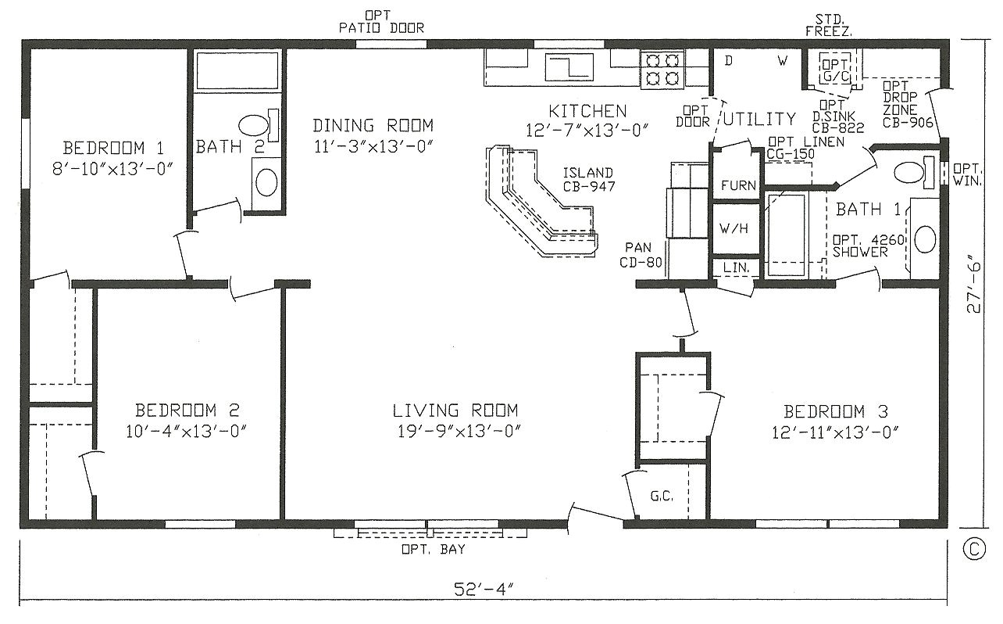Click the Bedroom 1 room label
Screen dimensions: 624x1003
coord(114,148)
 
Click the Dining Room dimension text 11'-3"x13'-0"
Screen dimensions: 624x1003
coord(373,146)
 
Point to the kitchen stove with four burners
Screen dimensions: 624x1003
coord(662,68)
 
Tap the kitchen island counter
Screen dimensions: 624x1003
coord(539,203)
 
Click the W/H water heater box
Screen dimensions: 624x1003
coord(734,230)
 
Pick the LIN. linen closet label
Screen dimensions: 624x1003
coord(735,267)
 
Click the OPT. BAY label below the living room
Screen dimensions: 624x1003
coord(429,548)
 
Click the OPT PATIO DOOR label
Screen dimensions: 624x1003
coord(381,22)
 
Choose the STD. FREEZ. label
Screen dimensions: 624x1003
coord(829,25)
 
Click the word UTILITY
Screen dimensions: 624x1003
coord(758,120)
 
